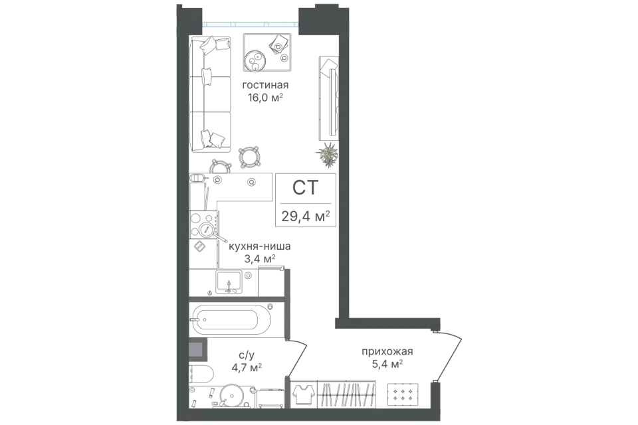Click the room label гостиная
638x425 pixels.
click(265, 86)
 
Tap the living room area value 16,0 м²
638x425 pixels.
click(265, 98)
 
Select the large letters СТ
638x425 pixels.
click(305, 187)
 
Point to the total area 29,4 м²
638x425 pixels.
click(306, 216)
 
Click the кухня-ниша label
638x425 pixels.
click(260, 246)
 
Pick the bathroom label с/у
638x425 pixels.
click(247, 355)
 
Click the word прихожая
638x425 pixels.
click(387, 351)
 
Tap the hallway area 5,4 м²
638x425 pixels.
click(387, 364)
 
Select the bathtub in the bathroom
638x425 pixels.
click(231, 319)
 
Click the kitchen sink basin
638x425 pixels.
click(229, 282)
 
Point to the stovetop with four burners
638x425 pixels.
click(203, 224)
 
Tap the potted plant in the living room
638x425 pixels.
click(328, 154)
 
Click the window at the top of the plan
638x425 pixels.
click(251, 24)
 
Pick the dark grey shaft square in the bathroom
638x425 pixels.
click(198, 349)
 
